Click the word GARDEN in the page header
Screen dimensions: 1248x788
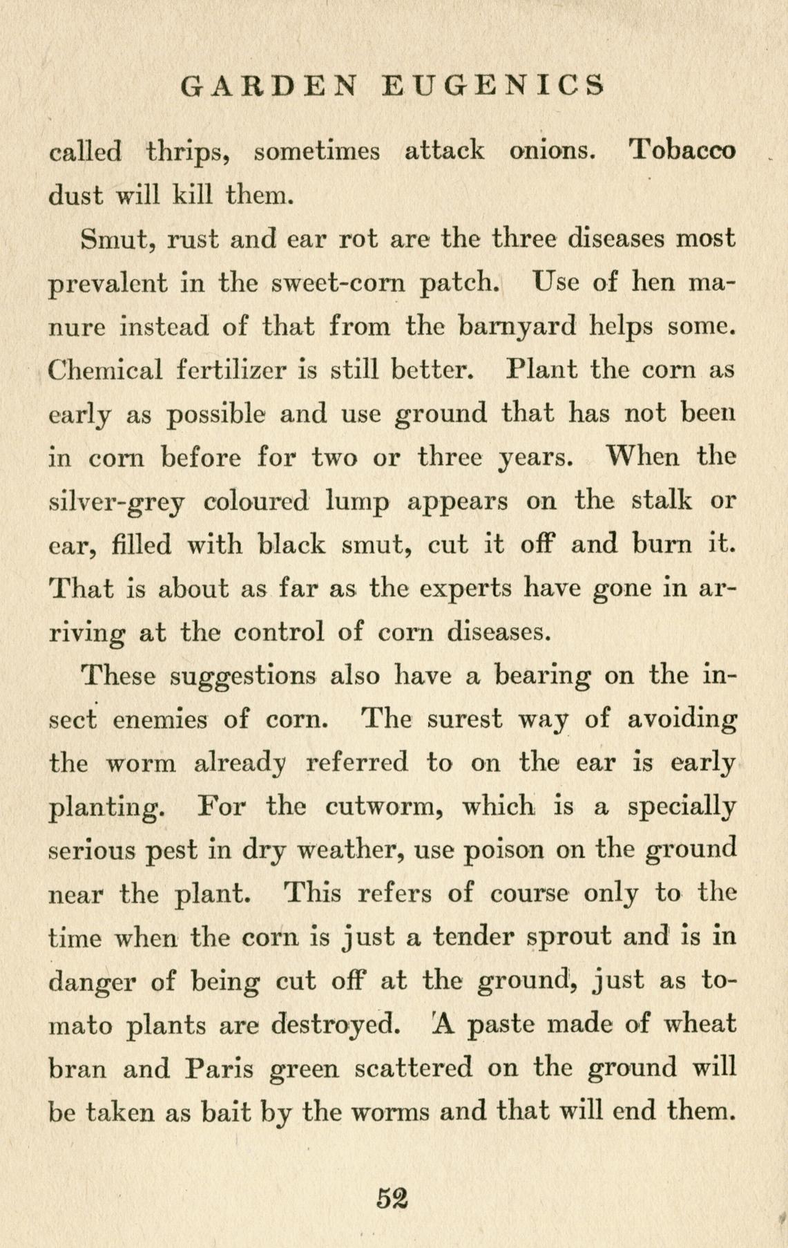coord(269,86)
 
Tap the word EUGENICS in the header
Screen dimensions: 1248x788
coord(493,86)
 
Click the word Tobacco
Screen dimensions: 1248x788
coord(684,150)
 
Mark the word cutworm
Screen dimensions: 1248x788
coord(385,807)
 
